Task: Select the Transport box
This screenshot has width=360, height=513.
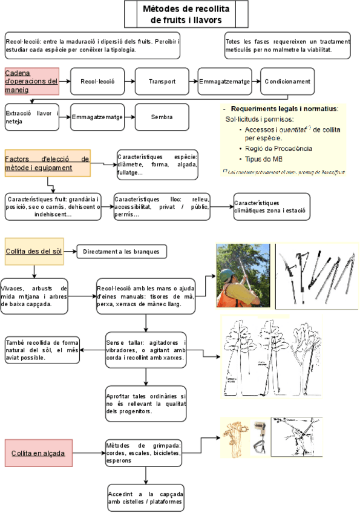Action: (x=163, y=82)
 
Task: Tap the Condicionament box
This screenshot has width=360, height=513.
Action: (x=287, y=82)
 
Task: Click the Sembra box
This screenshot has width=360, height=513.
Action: (x=162, y=117)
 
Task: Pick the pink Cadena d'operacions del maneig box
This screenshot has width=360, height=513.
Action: (x=31, y=81)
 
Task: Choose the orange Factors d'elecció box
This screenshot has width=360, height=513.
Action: (x=47, y=163)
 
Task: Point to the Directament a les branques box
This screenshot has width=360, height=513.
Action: (x=121, y=250)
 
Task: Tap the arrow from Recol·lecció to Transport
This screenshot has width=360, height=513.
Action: (x=129, y=82)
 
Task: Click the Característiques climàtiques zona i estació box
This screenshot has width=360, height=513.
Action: (x=272, y=207)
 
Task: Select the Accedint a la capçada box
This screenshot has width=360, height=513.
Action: (x=145, y=497)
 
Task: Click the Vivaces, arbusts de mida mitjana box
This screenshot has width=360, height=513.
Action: (x=34, y=296)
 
